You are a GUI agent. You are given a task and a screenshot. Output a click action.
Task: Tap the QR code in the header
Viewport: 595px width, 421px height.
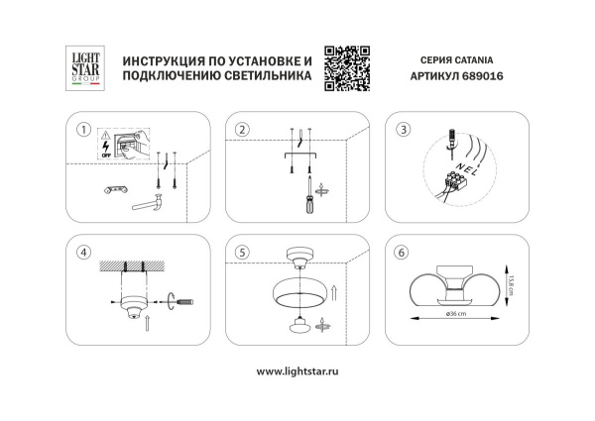click(347, 67)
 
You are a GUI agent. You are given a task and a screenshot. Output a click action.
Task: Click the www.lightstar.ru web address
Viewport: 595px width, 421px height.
click(298, 371)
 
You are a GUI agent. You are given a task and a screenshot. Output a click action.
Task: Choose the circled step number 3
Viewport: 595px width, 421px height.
click(404, 131)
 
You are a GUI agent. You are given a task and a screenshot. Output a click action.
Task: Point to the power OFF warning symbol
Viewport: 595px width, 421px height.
click(106, 146)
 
